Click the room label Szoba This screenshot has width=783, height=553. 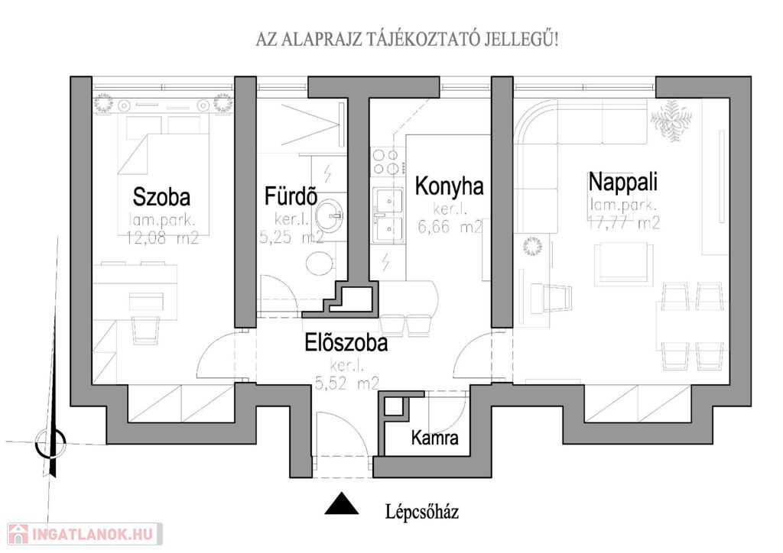click(161, 197)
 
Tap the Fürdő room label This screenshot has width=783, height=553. click(291, 196)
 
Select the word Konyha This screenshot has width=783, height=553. click(450, 186)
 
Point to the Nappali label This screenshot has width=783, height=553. click(622, 182)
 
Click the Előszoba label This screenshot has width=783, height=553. click(346, 343)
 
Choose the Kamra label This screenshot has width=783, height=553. click(434, 438)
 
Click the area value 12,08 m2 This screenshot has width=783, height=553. click(162, 238)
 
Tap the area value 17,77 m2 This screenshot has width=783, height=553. click(624, 222)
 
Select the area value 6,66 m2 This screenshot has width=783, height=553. click(450, 227)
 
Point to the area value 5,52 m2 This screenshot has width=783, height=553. click(347, 383)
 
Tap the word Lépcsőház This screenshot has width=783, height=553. click(422, 512)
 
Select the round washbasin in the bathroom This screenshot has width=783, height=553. click(329, 215)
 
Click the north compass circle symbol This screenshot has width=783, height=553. click(50, 442)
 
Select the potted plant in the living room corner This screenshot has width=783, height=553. click(671, 121)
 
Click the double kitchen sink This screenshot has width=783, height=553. click(388, 215)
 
